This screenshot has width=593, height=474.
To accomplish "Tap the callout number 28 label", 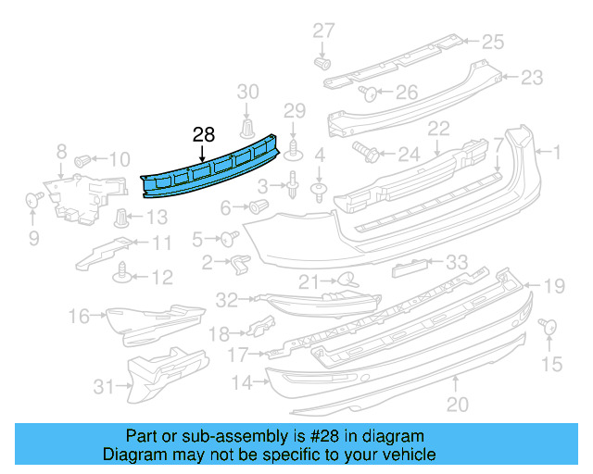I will point(204,134).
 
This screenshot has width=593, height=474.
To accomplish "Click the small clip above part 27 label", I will point(323,63).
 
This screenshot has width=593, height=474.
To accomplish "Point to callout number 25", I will point(491,41).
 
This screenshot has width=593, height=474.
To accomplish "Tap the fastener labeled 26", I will point(367,92).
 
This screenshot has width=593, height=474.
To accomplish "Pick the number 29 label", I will point(294,111).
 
